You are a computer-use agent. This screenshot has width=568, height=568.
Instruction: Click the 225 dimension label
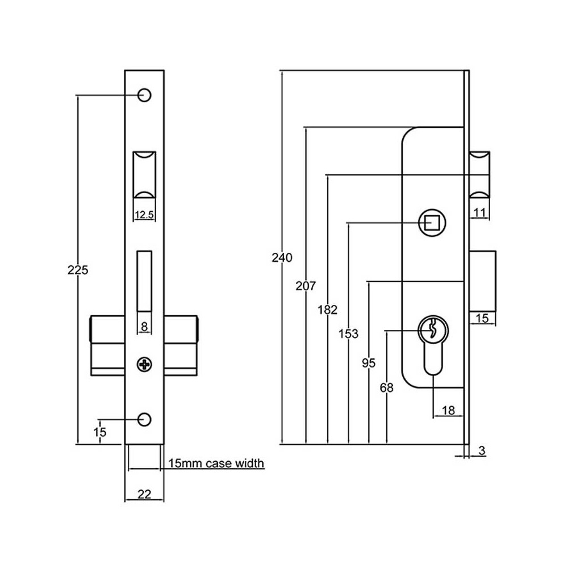(78, 270)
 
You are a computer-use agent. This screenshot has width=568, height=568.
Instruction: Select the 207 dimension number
(305, 286)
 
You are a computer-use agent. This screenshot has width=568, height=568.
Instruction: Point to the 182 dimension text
(328, 310)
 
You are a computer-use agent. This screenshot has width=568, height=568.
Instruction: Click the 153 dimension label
(348, 333)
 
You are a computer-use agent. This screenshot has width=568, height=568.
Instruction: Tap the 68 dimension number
(386, 388)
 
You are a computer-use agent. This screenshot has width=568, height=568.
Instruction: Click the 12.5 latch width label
(144, 215)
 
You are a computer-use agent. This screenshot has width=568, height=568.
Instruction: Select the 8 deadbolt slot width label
(144, 327)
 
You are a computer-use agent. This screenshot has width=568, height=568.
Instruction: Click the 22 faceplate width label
(144, 494)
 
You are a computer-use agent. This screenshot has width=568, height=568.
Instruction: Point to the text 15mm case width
(216, 463)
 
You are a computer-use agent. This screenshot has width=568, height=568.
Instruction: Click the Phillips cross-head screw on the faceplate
(144, 364)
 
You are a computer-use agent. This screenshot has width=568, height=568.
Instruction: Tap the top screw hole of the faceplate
(144, 95)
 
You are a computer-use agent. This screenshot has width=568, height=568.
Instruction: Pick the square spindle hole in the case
(432, 223)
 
